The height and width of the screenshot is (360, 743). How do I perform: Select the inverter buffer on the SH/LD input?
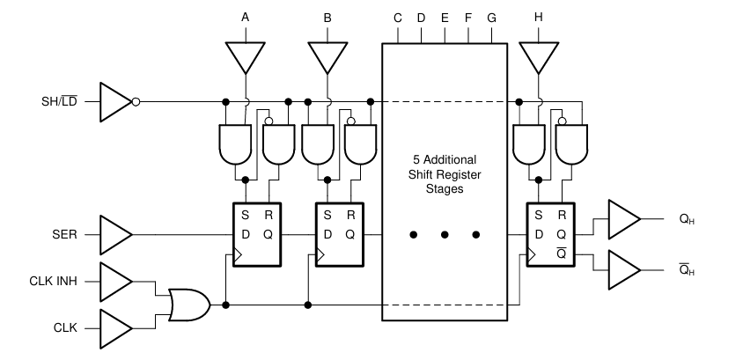pos(115,101)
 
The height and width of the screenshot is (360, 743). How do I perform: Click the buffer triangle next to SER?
pos(115,236)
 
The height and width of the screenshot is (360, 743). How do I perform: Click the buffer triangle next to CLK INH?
pos(115,283)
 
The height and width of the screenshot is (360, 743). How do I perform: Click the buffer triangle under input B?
pos(327,57)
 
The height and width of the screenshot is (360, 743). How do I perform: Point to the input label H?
pos(538,16)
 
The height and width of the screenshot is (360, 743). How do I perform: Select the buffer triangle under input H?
pos(538,57)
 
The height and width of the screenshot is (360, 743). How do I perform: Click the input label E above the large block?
pos(444,18)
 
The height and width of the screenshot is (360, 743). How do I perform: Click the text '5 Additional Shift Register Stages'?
pos(444,174)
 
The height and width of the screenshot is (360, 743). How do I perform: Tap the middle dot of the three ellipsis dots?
pos(445,235)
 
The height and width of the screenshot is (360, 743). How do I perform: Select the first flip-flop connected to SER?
pos(254,232)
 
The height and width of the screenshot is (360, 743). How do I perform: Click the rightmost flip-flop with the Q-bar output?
pos(548,232)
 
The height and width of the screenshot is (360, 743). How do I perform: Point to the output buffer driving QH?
pos(623,219)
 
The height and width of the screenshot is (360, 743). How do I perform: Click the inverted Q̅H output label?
pos(687,269)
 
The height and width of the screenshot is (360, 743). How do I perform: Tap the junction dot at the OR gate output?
pos(226,305)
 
